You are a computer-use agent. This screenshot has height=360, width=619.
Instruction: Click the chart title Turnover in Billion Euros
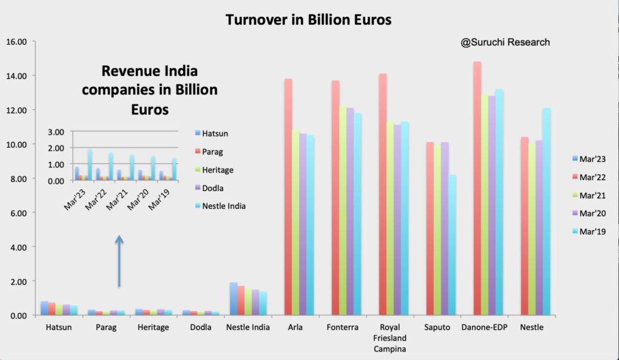[308, 20]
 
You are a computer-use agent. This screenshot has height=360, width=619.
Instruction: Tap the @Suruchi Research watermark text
[505, 42]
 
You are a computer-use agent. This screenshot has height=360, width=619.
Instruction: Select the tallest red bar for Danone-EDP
[478, 188]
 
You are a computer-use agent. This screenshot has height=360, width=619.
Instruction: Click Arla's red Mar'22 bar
[288, 197]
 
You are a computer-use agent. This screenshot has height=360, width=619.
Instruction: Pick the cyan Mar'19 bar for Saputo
[452, 245]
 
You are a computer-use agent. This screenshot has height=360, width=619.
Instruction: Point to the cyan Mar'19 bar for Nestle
[546, 211]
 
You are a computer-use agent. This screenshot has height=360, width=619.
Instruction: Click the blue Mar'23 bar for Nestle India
[234, 298]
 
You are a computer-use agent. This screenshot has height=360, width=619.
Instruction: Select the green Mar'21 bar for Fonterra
[343, 211]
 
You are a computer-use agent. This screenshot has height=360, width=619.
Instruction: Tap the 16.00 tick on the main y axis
[16, 42]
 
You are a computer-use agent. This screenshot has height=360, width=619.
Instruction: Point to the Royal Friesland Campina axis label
[390, 338]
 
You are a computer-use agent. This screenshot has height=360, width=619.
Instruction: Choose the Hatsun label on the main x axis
[59, 327]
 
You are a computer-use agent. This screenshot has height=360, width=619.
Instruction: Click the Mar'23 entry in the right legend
[589, 159]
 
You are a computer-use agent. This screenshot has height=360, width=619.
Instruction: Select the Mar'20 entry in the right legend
[589, 213]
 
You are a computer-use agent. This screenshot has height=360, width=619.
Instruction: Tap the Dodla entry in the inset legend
[209, 188]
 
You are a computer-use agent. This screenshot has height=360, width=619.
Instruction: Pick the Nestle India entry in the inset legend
[220, 206]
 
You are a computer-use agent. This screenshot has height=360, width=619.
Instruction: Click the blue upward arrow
[119, 261]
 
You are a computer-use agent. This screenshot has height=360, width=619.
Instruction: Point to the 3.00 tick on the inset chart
[56, 132]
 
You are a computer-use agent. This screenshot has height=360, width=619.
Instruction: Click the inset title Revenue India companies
[150, 90]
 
